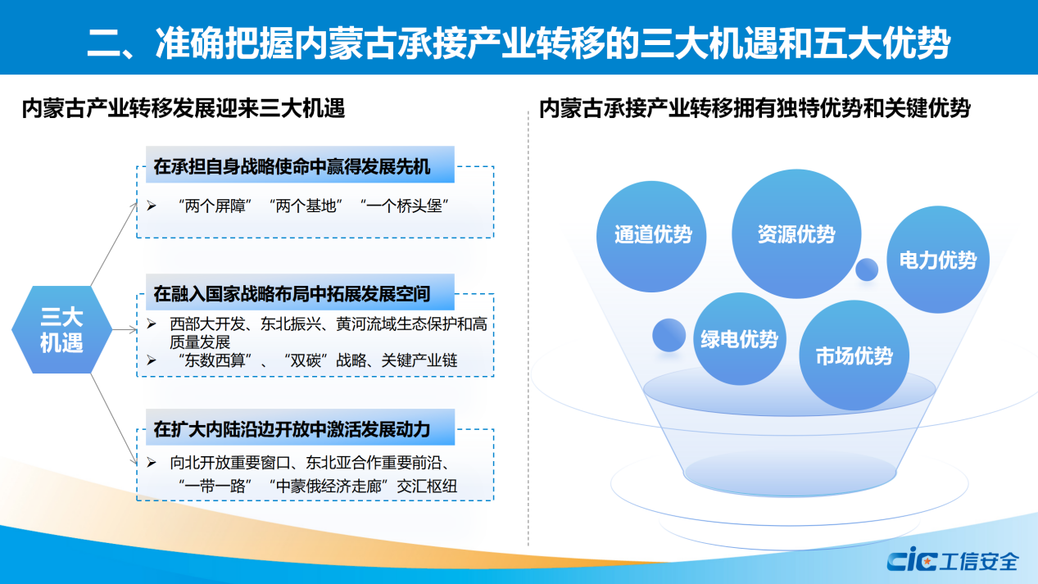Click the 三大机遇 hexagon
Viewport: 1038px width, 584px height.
(61, 330)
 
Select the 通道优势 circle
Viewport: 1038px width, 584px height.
(651, 236)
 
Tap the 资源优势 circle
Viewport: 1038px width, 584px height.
(796, 234)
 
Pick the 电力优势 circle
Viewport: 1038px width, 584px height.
(937, 260)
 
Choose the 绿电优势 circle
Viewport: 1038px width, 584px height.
(739, 338)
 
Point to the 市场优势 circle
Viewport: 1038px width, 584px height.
(854, 355)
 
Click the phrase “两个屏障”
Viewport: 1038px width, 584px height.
(215, 206)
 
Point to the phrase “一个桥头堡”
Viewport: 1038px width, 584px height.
(404, 206)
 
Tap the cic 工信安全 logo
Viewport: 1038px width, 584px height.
(952, 560)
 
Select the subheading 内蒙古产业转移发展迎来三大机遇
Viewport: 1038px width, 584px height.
(184, 108)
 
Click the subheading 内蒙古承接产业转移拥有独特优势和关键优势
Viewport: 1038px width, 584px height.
(755, 108)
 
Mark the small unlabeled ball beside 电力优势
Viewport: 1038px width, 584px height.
(867, 269)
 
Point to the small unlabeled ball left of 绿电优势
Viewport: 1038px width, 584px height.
(669, 335)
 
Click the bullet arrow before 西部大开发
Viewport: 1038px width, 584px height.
(152, 324)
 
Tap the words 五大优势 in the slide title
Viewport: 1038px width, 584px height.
(882, 43)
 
